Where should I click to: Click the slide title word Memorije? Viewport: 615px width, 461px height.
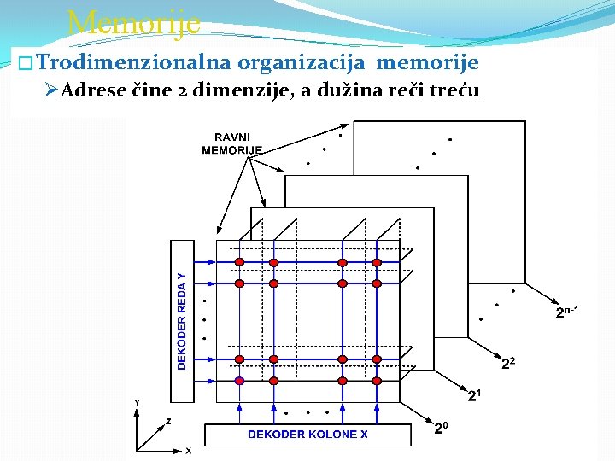[x=133, y=22]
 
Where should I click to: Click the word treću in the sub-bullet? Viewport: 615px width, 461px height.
[x=456, y=90]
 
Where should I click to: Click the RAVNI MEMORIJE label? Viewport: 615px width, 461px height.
[x=231, y=143]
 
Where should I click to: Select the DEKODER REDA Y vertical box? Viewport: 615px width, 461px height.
[x=182, y=321]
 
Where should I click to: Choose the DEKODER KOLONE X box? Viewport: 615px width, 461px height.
[x=307, y=435]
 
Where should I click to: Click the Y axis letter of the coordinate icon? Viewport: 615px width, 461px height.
[x=137, y=402]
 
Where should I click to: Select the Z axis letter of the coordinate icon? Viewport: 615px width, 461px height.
[x=168, y=421]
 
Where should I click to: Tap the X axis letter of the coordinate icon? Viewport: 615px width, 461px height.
[x=188, y=450]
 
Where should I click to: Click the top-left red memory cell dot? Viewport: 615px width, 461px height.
[x=240, y=261]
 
